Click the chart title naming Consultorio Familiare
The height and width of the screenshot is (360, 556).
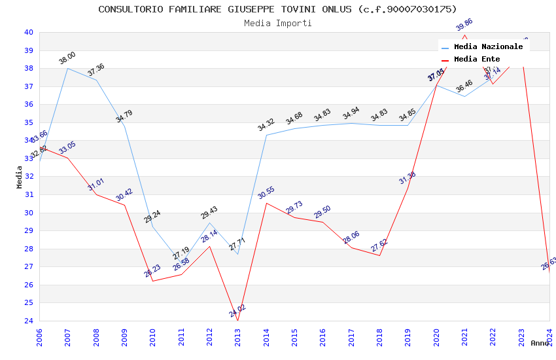click(277, 9)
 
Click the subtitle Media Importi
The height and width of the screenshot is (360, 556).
click(277, 24)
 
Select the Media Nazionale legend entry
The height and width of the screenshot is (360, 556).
click(488, 47)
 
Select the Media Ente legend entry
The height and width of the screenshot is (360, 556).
click(476, 60)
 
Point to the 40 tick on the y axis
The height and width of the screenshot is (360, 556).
click(29, 32)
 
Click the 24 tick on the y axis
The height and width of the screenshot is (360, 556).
click(29, 321)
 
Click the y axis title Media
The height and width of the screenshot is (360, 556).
click(20, 177)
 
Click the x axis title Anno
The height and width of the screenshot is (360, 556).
click(540, 343)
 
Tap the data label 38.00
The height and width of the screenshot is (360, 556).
click(67, 58)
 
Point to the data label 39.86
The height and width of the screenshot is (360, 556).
click(464, 25)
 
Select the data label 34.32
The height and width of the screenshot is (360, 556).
click(266, 124)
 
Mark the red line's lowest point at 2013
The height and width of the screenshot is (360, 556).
click(237, 320)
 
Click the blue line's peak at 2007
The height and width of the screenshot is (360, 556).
click(67, 68)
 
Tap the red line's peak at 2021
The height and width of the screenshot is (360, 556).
click(464, 35)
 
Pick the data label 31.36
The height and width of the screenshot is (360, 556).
click(408, 177)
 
